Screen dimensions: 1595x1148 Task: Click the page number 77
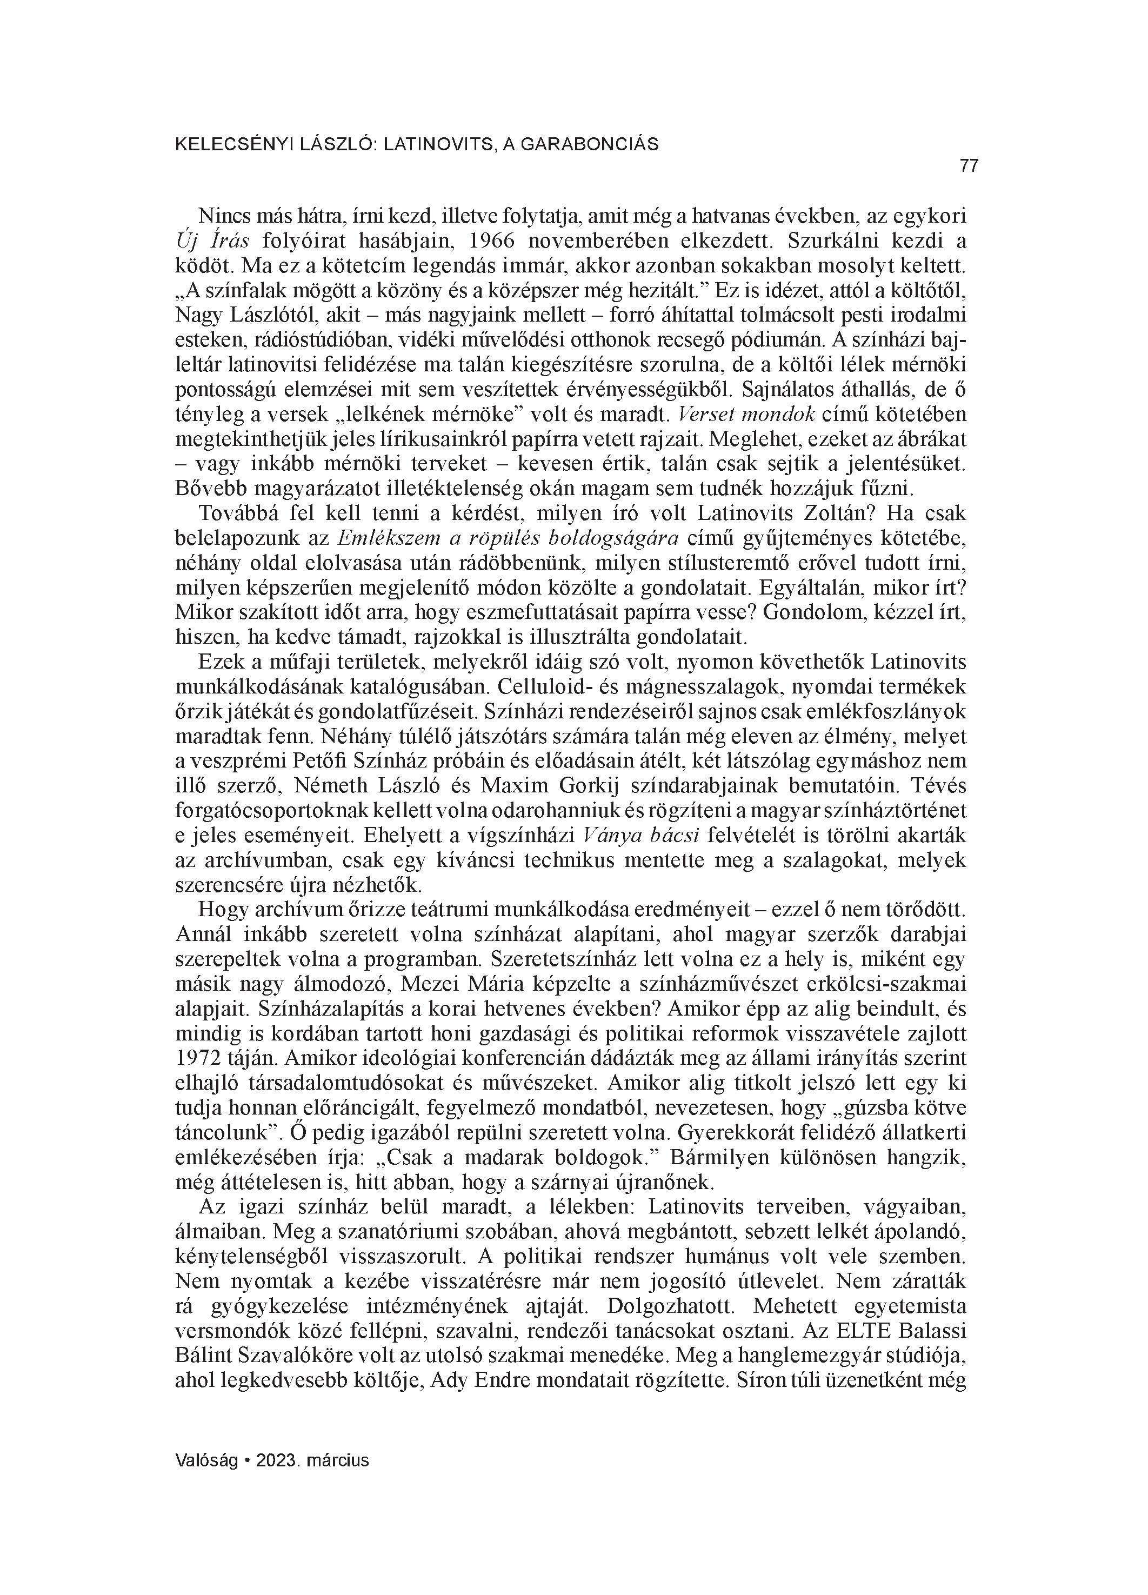point(969,166)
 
